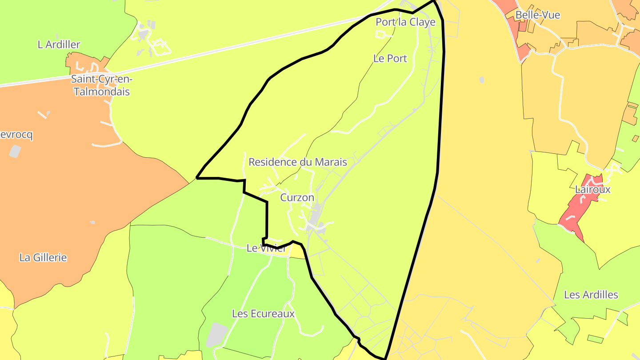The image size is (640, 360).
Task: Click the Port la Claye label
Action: (x=405, y=22)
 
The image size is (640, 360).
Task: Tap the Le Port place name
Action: (x=390, y=58)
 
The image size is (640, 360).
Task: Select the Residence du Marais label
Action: (x=297, y=162)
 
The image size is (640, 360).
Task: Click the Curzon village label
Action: (x=297, y=197)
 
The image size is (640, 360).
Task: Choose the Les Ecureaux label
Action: (x=263, y=314)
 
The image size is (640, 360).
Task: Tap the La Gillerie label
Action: (x=43, y=257)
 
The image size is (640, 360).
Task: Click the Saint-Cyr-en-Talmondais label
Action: (x=102, y=86)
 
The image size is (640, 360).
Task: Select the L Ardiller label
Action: (x=59, y=44)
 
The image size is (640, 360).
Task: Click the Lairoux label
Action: (x=592, y=189)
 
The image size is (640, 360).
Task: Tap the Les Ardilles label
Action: (x=591, y=295)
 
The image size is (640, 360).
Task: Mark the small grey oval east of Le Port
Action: (x=482, y=80)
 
